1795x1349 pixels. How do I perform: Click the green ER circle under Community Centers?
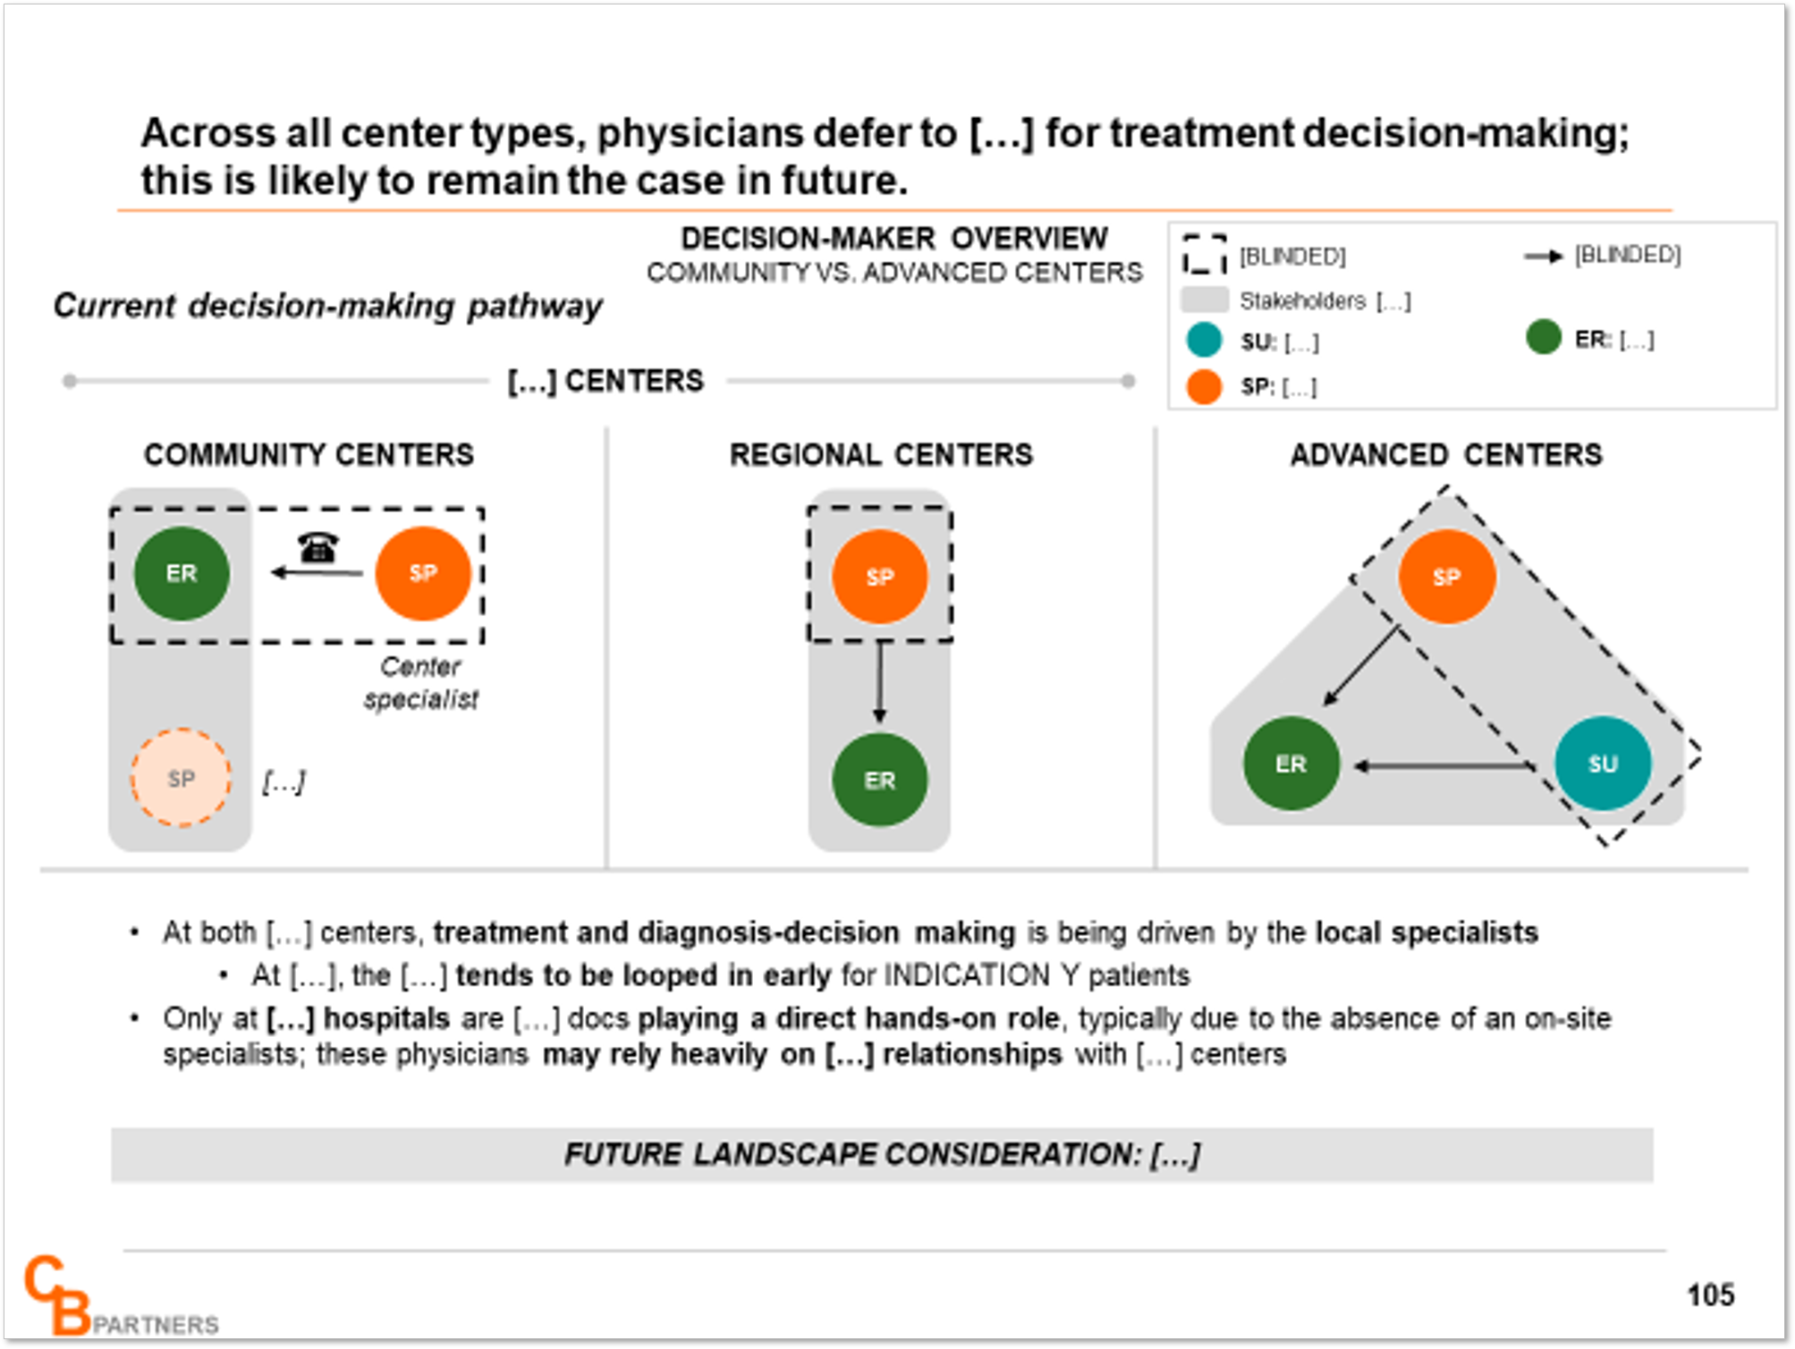coord(182,573)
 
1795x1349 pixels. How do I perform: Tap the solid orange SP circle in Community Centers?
coord(423,573)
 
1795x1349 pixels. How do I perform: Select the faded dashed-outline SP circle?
coord(181,778)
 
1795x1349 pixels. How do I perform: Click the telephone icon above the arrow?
coord(318,546)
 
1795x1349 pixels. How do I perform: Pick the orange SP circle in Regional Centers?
coord(880,577)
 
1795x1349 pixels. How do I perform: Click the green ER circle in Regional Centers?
coord(880,780)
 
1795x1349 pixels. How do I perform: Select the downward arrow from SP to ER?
coord(880,682)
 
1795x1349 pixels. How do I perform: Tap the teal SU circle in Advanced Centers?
coord(1603,763)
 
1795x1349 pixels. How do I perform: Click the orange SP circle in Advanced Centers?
coord(1447,577)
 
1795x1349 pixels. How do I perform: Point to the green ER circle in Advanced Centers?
coord(1291,763)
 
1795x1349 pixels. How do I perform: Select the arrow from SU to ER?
coord(1444,766)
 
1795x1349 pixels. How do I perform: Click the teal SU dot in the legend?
coord(1204,341)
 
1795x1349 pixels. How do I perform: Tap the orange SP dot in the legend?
coord(1204,386)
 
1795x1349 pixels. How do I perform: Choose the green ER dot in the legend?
coord(1543,337)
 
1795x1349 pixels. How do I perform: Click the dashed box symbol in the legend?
coord(1204,254)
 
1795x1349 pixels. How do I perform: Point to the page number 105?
coord(1710,1294)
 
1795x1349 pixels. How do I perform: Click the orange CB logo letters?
coord(57,1295)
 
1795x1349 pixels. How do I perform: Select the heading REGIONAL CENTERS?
coord(881,455)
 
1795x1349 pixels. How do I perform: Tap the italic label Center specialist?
coord(420,682)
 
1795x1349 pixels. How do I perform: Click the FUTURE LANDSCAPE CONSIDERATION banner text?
coord(882,1154)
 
